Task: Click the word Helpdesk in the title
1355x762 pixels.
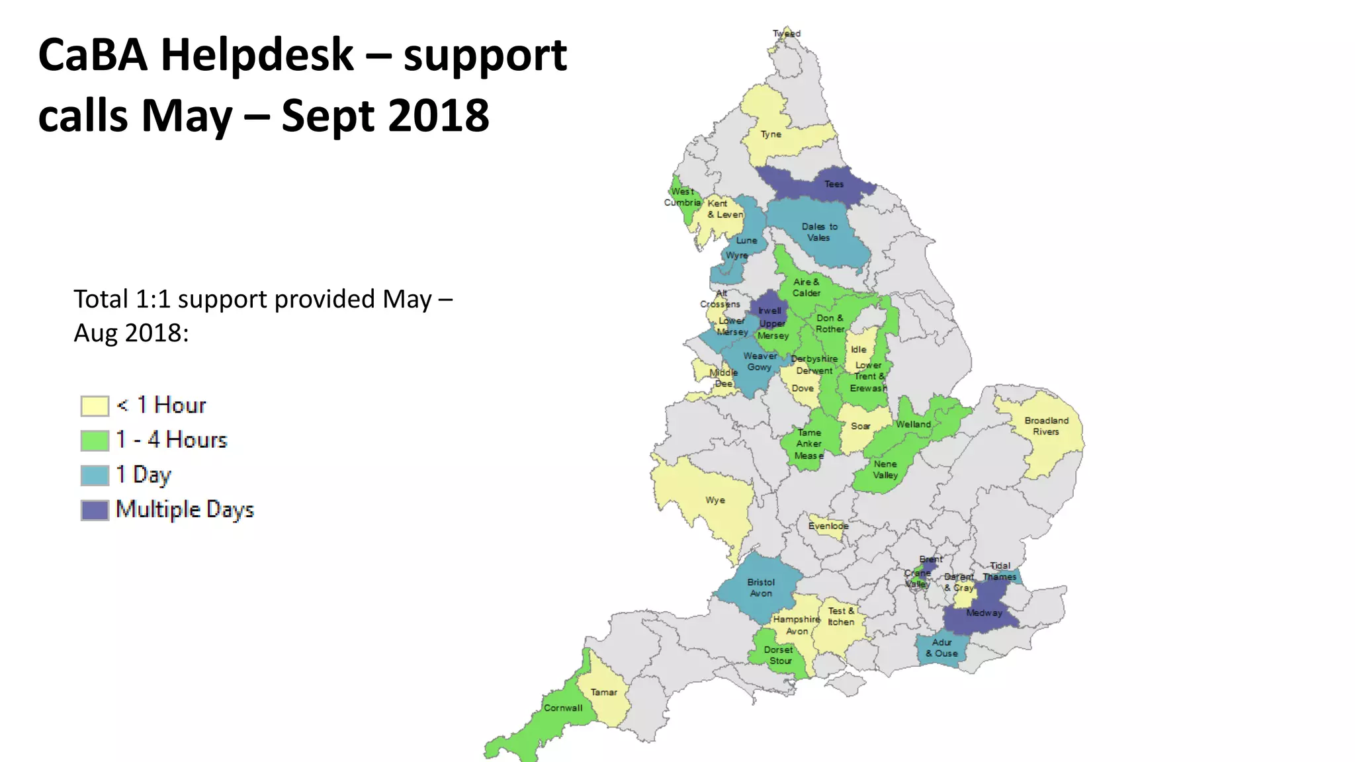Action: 257,56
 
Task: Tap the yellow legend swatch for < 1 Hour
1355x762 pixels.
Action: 95,406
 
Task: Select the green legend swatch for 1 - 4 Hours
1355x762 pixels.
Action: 95,441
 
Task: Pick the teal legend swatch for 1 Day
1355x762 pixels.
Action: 95,476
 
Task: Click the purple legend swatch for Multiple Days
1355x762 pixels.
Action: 95,510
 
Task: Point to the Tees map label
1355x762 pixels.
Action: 834,185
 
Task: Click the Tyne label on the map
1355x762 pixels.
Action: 771,134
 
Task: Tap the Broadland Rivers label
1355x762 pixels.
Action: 1046,426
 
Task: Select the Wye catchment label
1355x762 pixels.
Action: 715,501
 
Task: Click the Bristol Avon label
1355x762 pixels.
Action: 761,587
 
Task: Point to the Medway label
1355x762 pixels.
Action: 984,613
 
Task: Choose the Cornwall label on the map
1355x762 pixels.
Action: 563,708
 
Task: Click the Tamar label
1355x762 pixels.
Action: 603,693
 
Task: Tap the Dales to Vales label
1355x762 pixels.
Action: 819,232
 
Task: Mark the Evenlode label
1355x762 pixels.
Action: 828,526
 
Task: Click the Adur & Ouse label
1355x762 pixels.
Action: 941,648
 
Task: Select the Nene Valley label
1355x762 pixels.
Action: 885,470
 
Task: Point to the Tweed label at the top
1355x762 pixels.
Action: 787,34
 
